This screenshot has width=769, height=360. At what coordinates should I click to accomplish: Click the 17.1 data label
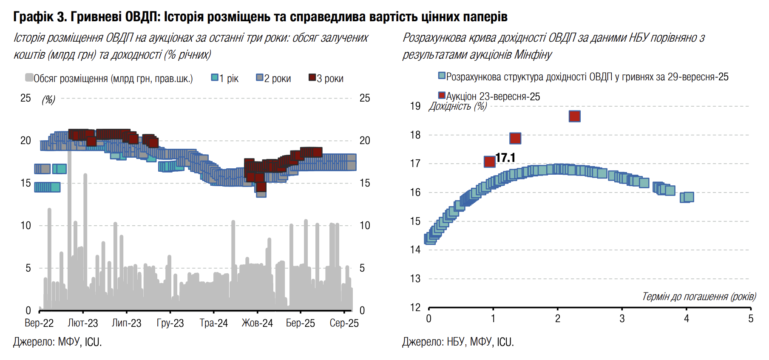(505, 158)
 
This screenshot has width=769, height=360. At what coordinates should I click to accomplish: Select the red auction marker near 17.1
(490, 162)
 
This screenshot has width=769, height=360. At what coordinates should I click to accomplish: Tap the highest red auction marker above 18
(575, 116)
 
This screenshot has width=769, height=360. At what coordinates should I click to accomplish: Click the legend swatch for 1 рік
(215, 77)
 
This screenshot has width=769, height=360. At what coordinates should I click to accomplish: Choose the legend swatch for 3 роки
(312, 77)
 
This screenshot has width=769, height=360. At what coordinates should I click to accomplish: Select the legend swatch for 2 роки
(260, 77)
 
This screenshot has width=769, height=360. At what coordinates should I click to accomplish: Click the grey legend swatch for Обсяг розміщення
(29, 77)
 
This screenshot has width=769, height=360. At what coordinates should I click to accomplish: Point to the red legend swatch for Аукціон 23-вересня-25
(442, 95)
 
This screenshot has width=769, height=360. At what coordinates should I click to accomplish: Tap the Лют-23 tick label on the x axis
(83, 323)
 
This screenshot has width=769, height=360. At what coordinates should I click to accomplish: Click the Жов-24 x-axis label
(257, 323)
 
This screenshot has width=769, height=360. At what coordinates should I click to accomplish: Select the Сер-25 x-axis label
(344, 323)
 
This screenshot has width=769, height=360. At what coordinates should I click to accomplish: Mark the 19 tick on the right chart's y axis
(415, 106)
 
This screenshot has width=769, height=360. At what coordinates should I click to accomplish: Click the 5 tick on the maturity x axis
(751, 319)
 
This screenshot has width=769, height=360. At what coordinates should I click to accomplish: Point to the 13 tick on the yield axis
(415, 279)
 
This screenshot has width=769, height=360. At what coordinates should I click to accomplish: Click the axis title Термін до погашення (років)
(699, 296)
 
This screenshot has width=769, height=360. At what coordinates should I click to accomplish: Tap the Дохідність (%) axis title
(458, 106)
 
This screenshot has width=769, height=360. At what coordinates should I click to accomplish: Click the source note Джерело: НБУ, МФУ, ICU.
(458, 342)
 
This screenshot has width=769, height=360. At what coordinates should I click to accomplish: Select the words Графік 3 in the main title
(40, 17)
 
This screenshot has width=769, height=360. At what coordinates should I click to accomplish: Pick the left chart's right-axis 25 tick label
(365, 98)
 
